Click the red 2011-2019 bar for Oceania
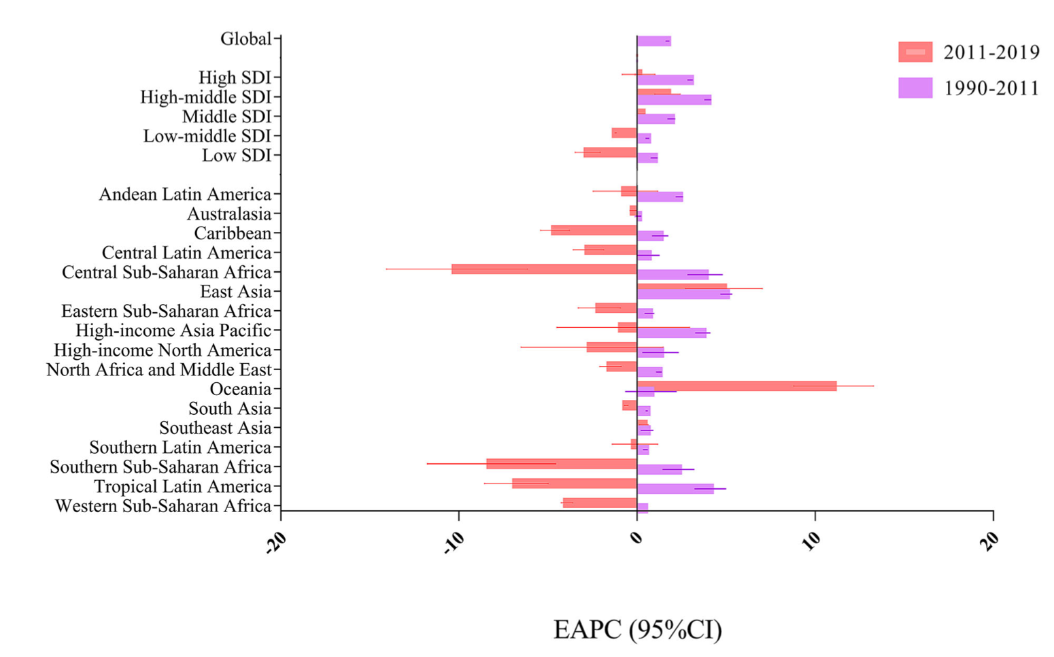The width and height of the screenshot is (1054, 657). click(736, 386)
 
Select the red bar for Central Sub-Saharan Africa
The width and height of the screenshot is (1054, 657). click(544, 269)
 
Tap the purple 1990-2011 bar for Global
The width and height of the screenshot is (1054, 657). click(653, 41)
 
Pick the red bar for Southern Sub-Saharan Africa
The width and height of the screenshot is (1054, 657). click(562, 464)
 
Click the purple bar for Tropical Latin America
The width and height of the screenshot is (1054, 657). click(675, 489)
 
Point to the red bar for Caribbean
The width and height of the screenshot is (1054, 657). click(594, 230)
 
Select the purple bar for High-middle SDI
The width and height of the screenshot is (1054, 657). click(674, 100)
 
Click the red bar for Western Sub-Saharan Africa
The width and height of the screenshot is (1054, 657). click(600, 503)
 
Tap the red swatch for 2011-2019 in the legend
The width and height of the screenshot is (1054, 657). click(915, 52)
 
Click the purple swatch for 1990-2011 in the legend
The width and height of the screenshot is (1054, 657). click(915, 88)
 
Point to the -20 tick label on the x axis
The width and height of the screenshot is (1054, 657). click(276, 542)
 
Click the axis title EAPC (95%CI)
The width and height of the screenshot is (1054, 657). click(637, 630)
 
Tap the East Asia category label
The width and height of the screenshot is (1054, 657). click(235, 292)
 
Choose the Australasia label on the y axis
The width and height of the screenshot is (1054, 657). click(228, 214)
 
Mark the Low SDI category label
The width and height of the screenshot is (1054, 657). click(236, 156)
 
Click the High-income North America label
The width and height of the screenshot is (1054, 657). click(163, 350)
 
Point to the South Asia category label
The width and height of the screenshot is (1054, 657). click(229, 409)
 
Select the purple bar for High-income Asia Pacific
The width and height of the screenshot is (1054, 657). click(671, 333)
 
